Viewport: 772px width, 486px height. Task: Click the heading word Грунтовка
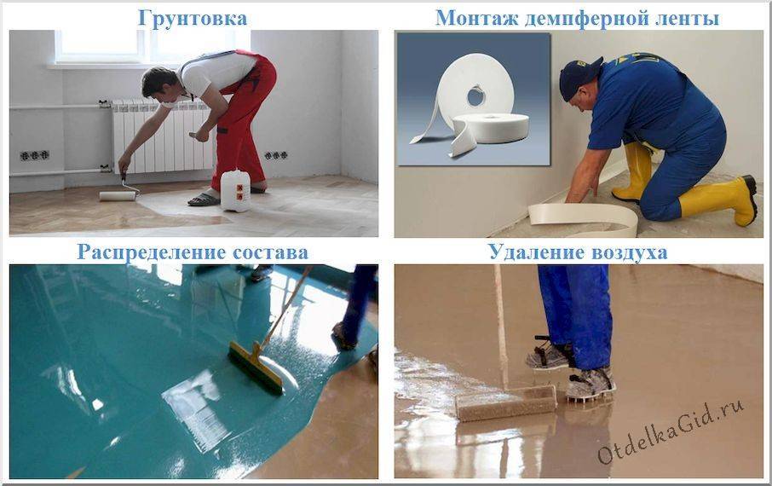(x=193, y=17)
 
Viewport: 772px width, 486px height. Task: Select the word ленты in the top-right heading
(x=685, y=17)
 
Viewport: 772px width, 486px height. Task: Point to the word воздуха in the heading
(x=626, y=252)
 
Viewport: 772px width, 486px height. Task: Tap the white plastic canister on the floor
(x=235, y=190)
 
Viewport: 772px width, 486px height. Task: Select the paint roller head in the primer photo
(x=118, y=195)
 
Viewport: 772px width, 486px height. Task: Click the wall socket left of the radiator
(x=35, y=155)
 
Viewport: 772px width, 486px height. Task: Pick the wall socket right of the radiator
(x=275, y=155)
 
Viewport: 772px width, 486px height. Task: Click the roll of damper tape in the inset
(x=473, y=97)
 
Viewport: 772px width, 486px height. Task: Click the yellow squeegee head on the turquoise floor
(x=256, y=367)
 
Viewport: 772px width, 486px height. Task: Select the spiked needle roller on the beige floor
(x=506, y=402)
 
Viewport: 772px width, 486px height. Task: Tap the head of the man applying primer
(x=159, y=82)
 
